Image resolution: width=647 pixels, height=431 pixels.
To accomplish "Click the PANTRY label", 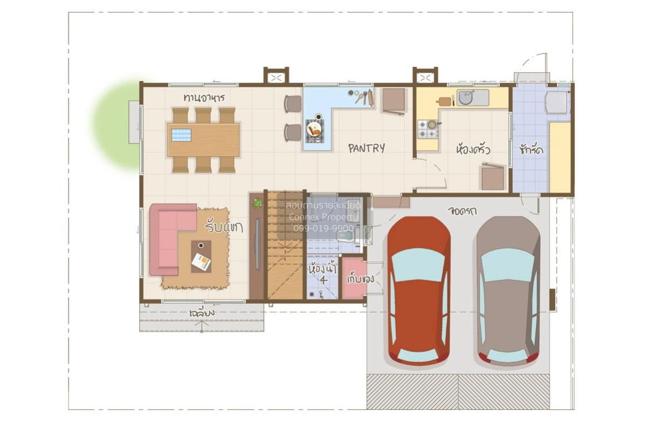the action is point(367,148).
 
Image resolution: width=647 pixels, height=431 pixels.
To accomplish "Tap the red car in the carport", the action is point(418,291).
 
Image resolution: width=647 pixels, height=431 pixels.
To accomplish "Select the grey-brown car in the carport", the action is point(508,291).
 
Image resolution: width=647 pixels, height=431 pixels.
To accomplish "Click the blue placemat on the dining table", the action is point(181,135).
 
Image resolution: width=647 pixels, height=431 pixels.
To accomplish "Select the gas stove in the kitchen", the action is point(428,129).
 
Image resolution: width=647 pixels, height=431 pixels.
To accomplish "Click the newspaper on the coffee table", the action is point(201,262).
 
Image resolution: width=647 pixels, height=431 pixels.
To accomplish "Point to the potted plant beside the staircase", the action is point(257,203).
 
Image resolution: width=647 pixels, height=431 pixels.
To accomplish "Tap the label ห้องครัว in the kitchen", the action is point(473,150).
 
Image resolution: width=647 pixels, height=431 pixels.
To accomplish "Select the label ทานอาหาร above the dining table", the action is point(204,98).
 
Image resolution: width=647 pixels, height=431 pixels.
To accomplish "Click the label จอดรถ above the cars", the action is point(462,211).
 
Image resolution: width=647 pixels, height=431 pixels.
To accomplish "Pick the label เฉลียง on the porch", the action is point(202,313).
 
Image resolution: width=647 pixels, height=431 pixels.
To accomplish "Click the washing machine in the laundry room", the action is point(556,102).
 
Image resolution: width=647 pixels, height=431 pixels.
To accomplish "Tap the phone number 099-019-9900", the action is point(323,228).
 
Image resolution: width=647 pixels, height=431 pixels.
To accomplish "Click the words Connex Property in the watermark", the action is point(323,217).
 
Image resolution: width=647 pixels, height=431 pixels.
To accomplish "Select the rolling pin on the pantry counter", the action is point(370,98).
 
